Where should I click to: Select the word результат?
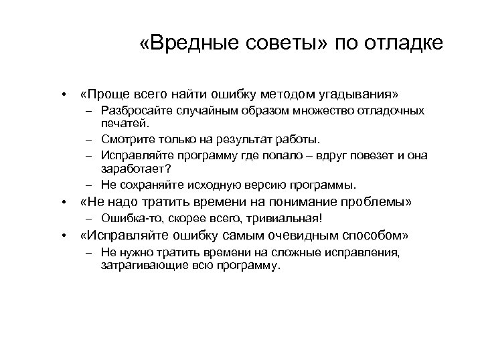(x=239, y=140)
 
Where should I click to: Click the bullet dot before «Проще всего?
(x=62, y=92)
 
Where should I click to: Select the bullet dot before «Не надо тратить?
(x=62, y=202)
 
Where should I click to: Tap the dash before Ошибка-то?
(x=88, y=219)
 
